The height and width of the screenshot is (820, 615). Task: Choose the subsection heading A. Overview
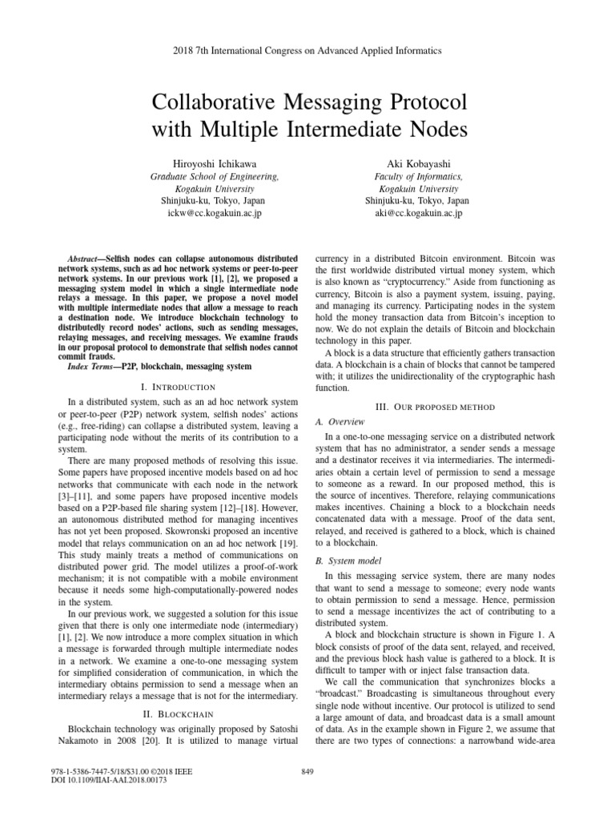tap(341, 421)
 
